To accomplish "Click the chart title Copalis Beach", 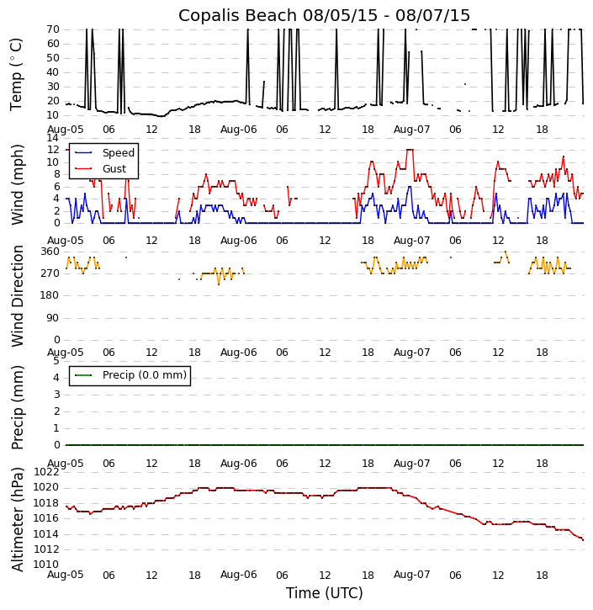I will [324, 16].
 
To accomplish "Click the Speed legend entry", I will [118, 153].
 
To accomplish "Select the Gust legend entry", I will [114, 168].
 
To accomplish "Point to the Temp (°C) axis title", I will [17, 73].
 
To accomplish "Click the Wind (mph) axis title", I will [18, 183].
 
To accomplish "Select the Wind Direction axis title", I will [18, 295].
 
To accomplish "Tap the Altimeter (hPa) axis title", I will [18, 519].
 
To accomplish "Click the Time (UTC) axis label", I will [324, 593].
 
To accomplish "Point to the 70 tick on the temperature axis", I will [52, 29].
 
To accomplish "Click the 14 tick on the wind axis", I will [52, 137].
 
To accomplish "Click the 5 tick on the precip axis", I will [56, 361].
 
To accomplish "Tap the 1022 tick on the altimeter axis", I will [46, 472].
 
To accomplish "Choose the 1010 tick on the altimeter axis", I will [46, 565].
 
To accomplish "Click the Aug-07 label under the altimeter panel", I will [411, 575].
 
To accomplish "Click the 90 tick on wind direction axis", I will [52, 317].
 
